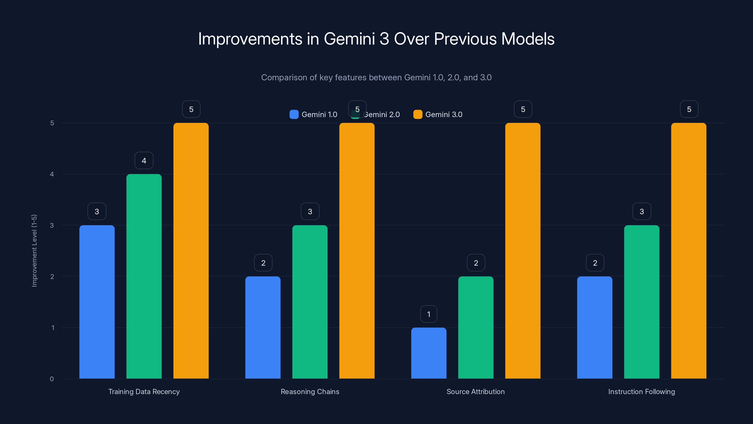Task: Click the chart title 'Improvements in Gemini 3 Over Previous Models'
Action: pyautogui.click(x=376, y=39)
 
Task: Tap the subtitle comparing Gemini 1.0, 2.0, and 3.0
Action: pyautogui.click(x=376, y=77)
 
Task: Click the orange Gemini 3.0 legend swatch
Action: pyautogui.click(x=418, y=114)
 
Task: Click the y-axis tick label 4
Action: pyautogui.click(x=52, y=174)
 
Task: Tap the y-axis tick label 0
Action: pyautogui.click(x=52, y=379)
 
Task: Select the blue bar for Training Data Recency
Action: pyautogui.click(x=97, y=302)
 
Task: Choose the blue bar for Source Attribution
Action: pyautogui.click(x=429, y=353)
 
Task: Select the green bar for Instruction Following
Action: pyautogui.click(x=642, y=302)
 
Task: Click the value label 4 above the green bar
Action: pyautogui.click(x=144, y=160)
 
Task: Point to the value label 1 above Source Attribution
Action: pyautogui.click(x=429, y=314)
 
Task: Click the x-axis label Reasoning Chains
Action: pyautogui.click(x=310, y=391)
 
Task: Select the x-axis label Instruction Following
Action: pyautogui.click(x=642, y=391)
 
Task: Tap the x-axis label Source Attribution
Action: pyautogui.click(x=476, y=391)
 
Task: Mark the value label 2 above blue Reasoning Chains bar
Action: pyautogui.click(x=263, y=263)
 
